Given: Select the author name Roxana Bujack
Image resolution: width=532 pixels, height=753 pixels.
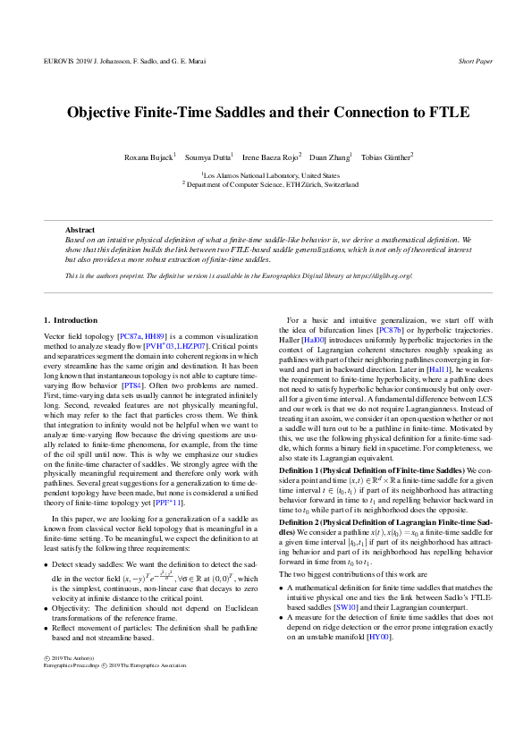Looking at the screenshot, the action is pyautogui.click(x=148, y=157).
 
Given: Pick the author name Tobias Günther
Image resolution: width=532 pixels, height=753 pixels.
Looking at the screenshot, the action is pyautogui.click(x=386, y=157).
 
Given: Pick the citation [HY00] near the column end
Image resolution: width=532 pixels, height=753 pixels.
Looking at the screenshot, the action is pyautogui.click(x=379, y=638).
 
